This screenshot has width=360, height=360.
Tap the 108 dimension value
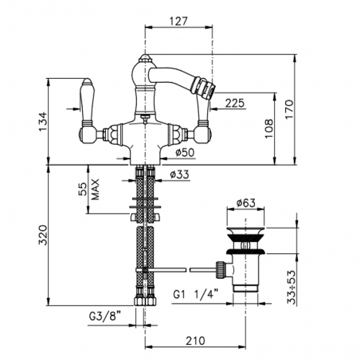[x=268, y=126]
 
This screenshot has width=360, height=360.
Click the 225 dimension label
[x=234, y=102]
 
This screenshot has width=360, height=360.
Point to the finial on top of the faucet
[x=144, y=57]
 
